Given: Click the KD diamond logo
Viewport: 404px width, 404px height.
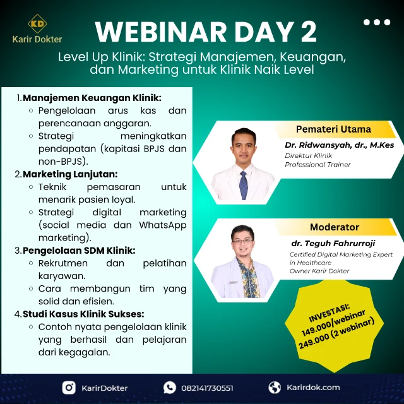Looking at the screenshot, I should (37, 25).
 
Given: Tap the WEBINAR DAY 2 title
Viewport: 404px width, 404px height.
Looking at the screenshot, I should (206, 32).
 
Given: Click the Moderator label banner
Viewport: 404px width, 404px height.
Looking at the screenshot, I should (335, 227).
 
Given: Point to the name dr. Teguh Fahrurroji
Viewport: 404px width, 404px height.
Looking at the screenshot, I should (332, 242).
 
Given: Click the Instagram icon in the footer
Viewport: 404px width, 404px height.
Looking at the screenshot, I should (69, 388).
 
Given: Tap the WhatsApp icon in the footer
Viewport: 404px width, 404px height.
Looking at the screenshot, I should (170, 388).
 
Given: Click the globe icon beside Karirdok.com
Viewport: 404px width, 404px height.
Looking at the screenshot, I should (275, 388).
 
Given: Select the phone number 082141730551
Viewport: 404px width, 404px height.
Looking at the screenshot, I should (206, 388).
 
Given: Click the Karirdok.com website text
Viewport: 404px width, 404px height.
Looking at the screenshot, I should (313, 388).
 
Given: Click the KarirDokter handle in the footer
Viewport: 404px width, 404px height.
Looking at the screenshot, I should (105, 388).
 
